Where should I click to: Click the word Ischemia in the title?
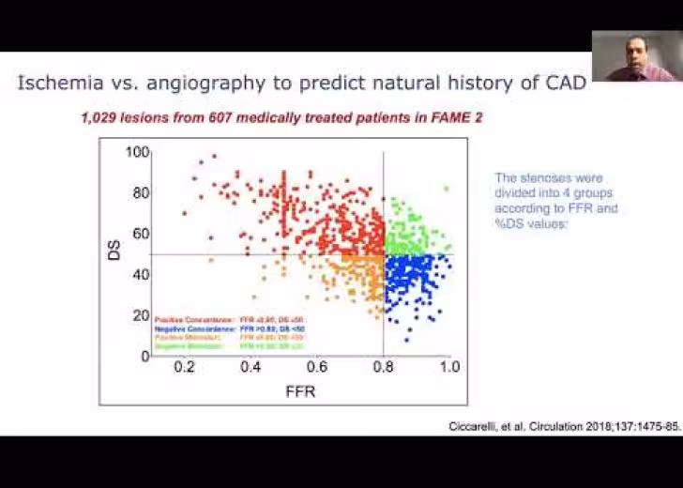click(x=55, y=83)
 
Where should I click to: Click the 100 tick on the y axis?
click(x=137, y=152)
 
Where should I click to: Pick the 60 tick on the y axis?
click(x=141, y=234)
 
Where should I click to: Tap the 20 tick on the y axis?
click(x=141, y=315)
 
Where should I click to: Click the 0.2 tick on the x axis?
click(x=185, y=368)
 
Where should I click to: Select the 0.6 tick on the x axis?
click(x=317, y=368)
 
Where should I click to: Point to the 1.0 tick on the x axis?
click(x=449, y=368)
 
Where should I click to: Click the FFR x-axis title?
click(x=300, y=391)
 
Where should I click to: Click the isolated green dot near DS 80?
click(x=447, y=189)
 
